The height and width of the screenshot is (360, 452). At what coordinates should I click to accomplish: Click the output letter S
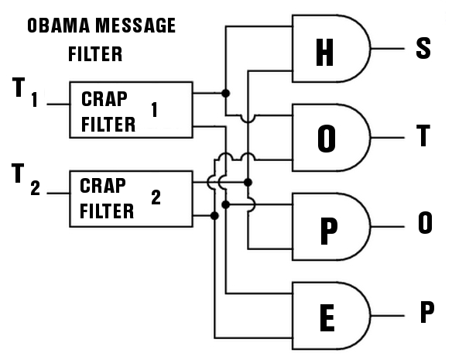(423, 50)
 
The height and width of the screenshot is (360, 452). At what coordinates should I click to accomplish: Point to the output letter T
(423, 137)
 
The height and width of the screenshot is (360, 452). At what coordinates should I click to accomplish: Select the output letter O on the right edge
(424, 225)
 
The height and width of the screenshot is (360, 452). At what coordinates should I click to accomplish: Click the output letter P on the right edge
(426, 314)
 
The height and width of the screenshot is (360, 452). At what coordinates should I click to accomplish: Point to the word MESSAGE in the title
(135, 26)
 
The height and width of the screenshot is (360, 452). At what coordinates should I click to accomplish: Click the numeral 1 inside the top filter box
(155, 111)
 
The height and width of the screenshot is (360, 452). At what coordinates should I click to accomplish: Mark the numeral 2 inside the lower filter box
(156, 197)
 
